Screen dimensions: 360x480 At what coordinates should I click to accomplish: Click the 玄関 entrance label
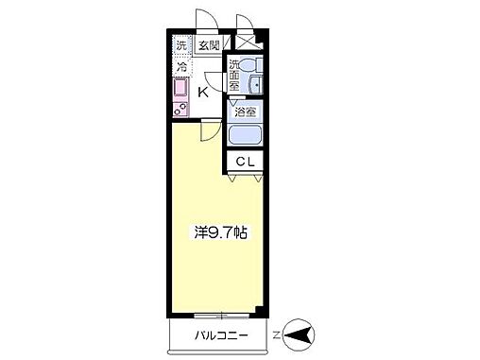pyautogui.click(x=209, y=44)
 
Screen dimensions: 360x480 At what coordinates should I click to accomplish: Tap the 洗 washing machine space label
pyautogui.click(x=180, y=44)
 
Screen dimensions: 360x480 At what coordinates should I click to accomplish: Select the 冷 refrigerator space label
pyautogui.click(x=180, y=68)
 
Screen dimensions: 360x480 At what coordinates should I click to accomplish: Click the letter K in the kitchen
pyautogui.click(x=204, y=91)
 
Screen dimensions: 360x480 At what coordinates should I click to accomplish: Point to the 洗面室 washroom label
pyautogui.click(x=233, y=75)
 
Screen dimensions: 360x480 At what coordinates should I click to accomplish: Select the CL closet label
pyautogui.click(x=246, y=163)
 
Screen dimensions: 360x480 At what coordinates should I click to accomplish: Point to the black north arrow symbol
pyautogui.click(x=301, y=334)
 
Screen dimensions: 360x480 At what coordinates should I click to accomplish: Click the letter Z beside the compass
pyautogui.click(x=277, y=334)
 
